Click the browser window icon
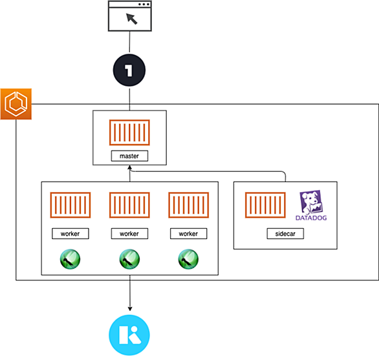(x=130, y=16)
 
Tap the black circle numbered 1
(x=129, y=70)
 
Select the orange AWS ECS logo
(x=16, y=104)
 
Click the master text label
(x=129, y=156)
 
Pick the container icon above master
(x=129, y=132)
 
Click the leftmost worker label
(x=70, y=233)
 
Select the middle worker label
(x=129, y=233)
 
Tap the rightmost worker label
(x=188, y=233)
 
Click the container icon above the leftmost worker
(x=70, y=205)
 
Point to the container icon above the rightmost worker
(x=189, y=205)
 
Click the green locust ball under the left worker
(x=70, y=259)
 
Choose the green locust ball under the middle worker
(x=129, y=259)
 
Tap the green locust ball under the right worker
(x=188, y=259)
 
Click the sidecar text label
(x=285, y=233)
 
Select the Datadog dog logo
(x=311, y=202)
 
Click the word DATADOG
(x=311, y=218)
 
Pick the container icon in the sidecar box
(x=265, y=205)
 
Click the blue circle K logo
(x=129, y=335)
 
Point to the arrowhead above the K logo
(x=130, y=309)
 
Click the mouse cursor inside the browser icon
(x=132, y=19)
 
